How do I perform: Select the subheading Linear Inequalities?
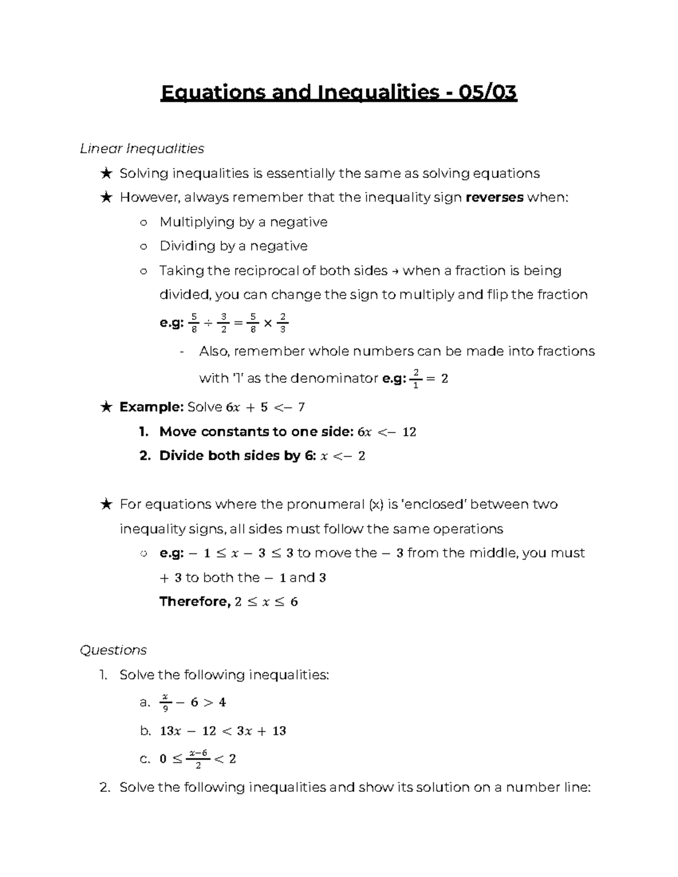pyautogui.click(x=142, y=149)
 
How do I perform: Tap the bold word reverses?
pyautogui.click(x=494, y=198)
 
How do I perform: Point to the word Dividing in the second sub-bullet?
pyautogui.click(x=188, y=246)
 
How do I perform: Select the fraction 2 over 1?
pyautogui.click(x=416, y=378)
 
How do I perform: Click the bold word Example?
pyautogui.click(x=151, y=407)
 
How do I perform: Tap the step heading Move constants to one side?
pyautogui.click(x=257, y=432)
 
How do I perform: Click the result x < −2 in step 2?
pyautogui.click(x=342, y=456)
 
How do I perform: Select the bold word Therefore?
pyautogui.click(x=195, y=601)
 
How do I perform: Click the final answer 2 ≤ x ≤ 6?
pyautogui.click(x=266, y=602)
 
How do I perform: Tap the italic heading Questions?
pyautogui.click(x=113, y=650)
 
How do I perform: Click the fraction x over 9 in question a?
pyautogui.click(x=165, y=703)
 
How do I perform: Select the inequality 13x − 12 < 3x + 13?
pyautogui.click(x=223, y=731)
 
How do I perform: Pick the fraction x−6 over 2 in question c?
pyautogui.click(x=198, y=759)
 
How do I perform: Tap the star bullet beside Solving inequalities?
pyautogui.click(x=106, y=173)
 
